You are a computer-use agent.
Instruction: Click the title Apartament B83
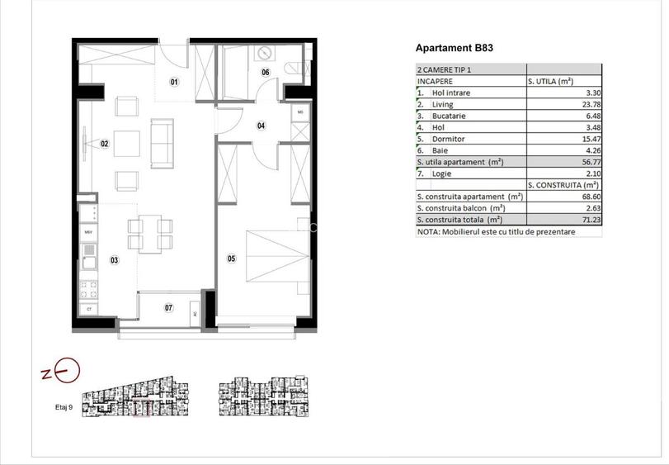pos(455,49)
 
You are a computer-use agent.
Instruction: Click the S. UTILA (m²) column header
pos(550,82)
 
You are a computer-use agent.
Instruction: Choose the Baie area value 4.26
pos(586,151)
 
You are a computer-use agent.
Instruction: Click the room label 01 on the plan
pos(174,82)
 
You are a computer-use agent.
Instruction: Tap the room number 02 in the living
pos(105,144)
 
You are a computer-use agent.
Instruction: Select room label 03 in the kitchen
pos(114,261)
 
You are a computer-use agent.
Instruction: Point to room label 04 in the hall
pos(261,126)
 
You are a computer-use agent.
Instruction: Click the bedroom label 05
pos(231,259)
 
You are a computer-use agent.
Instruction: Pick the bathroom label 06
pos(266,73)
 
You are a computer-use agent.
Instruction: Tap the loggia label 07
pos(168,308)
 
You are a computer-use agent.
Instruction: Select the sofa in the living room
pos(162,142)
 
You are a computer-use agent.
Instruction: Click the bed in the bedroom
pos(269,255)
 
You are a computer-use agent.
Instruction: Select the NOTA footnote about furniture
pos(497,232)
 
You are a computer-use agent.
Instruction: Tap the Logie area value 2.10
pos(586,174)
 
